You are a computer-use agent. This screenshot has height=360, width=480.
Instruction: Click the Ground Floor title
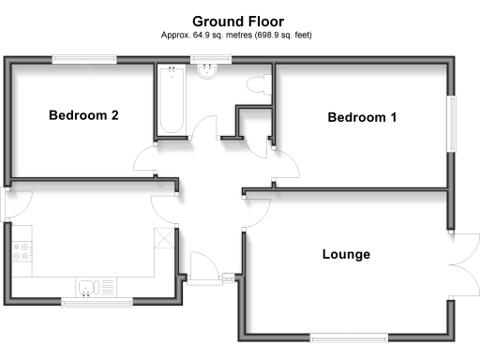239,20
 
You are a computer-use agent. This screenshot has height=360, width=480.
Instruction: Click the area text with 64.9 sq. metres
239,35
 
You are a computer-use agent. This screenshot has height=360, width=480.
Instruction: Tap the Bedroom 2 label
83,116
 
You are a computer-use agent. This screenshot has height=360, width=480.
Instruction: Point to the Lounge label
346,254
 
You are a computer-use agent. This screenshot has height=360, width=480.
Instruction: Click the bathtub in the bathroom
171,101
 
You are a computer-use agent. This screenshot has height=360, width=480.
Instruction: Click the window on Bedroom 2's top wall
84,61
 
